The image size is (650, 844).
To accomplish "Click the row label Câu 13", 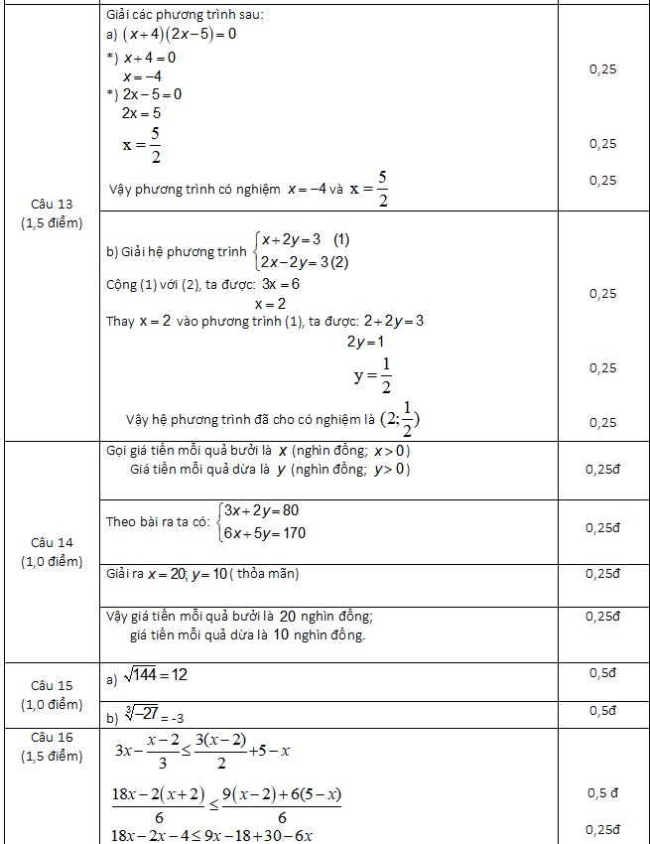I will [x=52, y=205].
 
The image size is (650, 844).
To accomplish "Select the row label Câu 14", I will [x=52, y=542].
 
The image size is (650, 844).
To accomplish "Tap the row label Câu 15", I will [x=52, y=685].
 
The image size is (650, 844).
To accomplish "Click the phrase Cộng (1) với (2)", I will [x=152, y=285].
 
